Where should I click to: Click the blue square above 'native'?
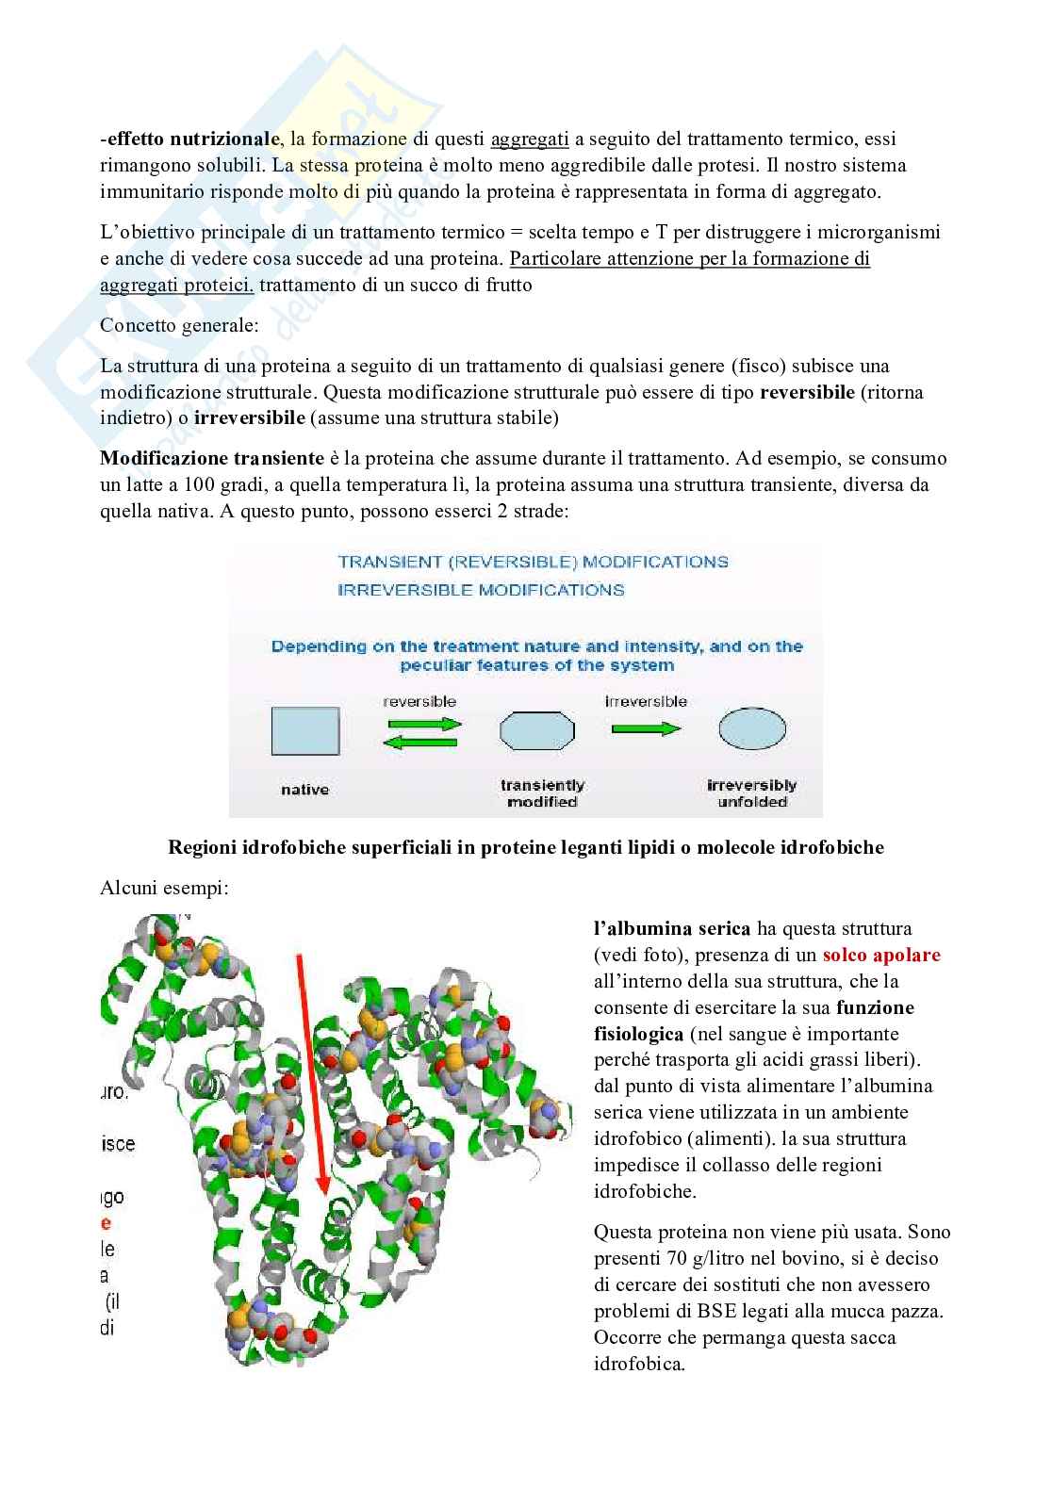pyautogui.click(x=305, y=731)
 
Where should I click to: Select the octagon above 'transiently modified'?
pyautogui.click(x=536, y=731)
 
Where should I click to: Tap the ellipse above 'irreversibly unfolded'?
pyautogui.click(x=752, y=729)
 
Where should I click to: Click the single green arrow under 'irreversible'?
pyautogui.click(x=646, y=728)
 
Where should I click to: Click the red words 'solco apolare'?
pyautogui.click(x=881, y=955)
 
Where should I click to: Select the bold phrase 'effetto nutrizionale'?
pyautogui.click(x=191, y=139)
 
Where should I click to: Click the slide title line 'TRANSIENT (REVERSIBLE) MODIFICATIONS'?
pyautogui.click(x=533, y=563)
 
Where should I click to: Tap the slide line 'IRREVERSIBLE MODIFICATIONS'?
pyautogui.click(x=481, y=591)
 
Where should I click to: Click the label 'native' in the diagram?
pyautogui.click(x=304, y=790)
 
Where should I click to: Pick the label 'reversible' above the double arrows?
pyautogui.click(x=419, y=702)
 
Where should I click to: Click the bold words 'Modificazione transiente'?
pyautogui.click(x=212, y=459)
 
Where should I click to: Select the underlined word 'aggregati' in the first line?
pyautogui.click(x=530, y=139)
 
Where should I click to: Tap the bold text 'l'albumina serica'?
pyautogui.click(x=672, y=928)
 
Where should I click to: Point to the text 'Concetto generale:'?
pyautogui.click(x=179, y=325)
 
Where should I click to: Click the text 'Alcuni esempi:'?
pyautogui.click(x=164, y=889)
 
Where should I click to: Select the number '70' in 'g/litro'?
pyautogui.click(x=677, y=1258)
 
